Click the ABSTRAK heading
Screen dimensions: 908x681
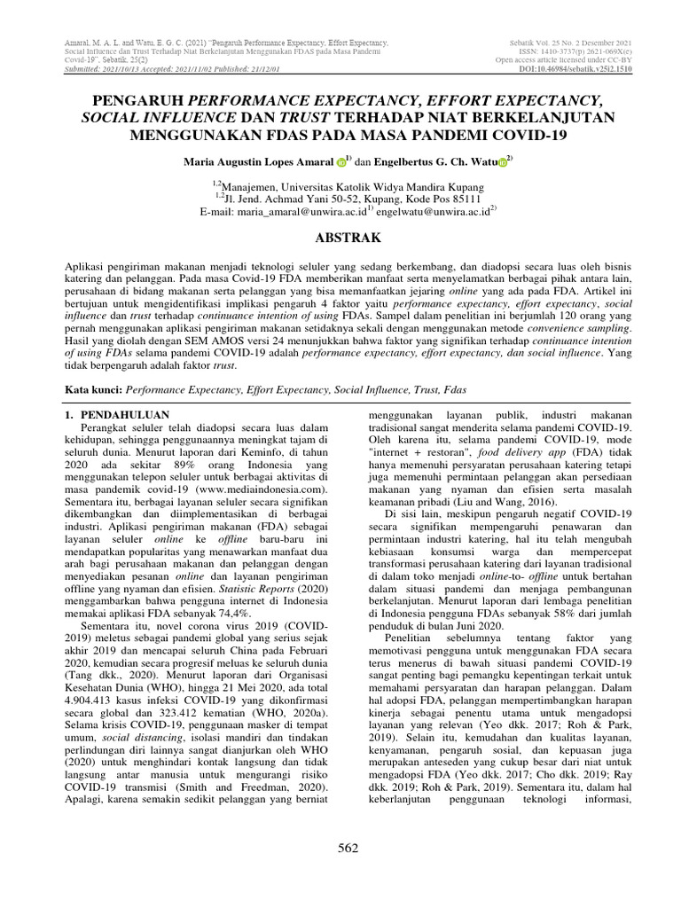340,238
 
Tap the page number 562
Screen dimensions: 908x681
348,849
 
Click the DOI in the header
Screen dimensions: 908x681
575,68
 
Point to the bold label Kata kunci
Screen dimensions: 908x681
95,388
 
